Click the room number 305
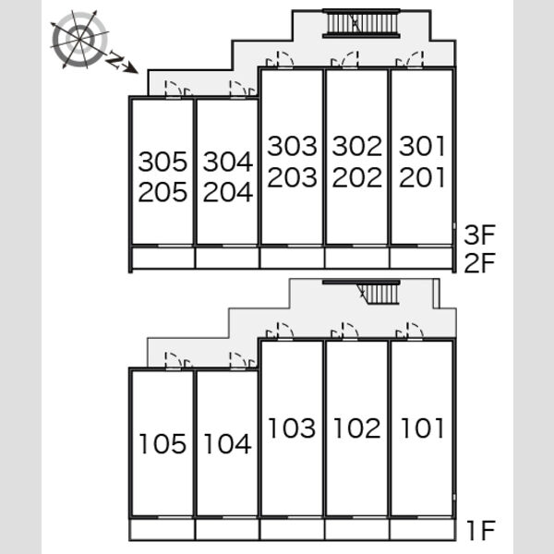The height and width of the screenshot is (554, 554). (x=163, y=162)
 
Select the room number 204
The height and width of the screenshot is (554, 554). (x=228, y=192)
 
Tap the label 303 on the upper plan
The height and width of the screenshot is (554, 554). (x=292, y=146)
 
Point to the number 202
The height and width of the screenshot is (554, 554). (x=357, y=177)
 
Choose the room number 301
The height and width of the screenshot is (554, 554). (x=422, y=146)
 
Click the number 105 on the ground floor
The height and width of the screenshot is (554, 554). (x=163, y=444)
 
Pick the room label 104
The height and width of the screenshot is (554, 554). (x=228, y=444)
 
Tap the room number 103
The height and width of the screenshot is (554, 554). (x=292, y=428)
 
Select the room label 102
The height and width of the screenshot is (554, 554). (x=357, y=428)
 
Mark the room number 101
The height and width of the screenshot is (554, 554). (x=422, y=428)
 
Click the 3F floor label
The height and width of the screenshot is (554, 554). (x=480, y=235)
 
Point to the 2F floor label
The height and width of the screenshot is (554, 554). (x=480, y=263)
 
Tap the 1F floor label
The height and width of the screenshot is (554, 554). (x=481, y=530)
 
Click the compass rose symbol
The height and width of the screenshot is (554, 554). (x=79, y=39)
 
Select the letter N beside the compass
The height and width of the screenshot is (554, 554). (x=114, y=59)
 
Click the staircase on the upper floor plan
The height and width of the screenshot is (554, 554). (x=361, y=23)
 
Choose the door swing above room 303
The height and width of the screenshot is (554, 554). (x=280, y=59)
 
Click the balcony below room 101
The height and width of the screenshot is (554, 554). (x=422, y=529)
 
